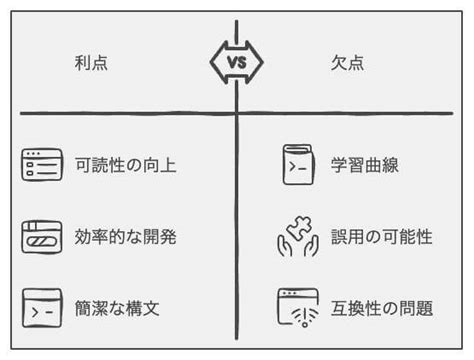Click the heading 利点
point(91,62)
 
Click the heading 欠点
point(349,62)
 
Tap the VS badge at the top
point(236,62)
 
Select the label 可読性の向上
point(126,164)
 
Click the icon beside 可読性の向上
point(41,164)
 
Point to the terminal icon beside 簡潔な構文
point(41,308)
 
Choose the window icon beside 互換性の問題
point(297,308)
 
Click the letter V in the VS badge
point(230,62)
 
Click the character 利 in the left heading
point(82,62)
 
